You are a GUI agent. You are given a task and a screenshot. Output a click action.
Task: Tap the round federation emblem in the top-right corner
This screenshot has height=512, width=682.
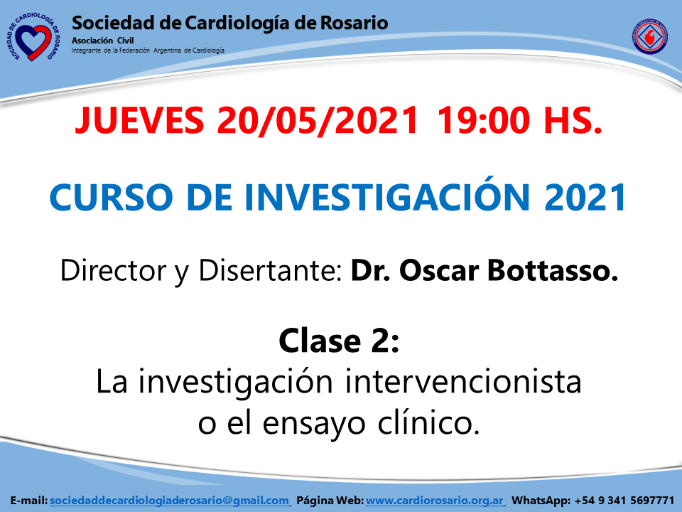649,36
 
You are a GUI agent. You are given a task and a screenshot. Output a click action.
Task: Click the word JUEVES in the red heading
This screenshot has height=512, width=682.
140,121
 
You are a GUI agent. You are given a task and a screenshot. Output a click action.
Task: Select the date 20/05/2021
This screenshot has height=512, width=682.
318,121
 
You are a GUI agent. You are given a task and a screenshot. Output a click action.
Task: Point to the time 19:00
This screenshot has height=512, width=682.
484,121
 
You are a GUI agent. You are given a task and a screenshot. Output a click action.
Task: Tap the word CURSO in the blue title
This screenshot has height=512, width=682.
112,198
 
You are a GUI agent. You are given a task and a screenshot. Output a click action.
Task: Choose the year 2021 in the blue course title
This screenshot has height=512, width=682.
585,198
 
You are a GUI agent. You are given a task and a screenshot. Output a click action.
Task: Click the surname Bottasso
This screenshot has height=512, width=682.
553,270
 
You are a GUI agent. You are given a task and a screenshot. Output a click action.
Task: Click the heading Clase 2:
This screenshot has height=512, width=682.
339,341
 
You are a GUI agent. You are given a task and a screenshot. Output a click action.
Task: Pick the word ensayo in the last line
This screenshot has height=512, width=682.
313,425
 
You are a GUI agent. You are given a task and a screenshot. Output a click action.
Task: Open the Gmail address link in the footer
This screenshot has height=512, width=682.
169,501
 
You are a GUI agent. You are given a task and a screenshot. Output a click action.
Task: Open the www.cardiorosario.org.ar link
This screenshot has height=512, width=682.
435,501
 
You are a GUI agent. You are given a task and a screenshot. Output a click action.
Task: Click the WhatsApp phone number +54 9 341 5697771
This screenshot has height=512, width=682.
624,501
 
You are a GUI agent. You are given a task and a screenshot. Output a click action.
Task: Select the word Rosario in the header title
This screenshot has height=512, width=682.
354,23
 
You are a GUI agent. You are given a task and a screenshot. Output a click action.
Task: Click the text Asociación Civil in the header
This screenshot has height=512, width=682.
102,41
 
